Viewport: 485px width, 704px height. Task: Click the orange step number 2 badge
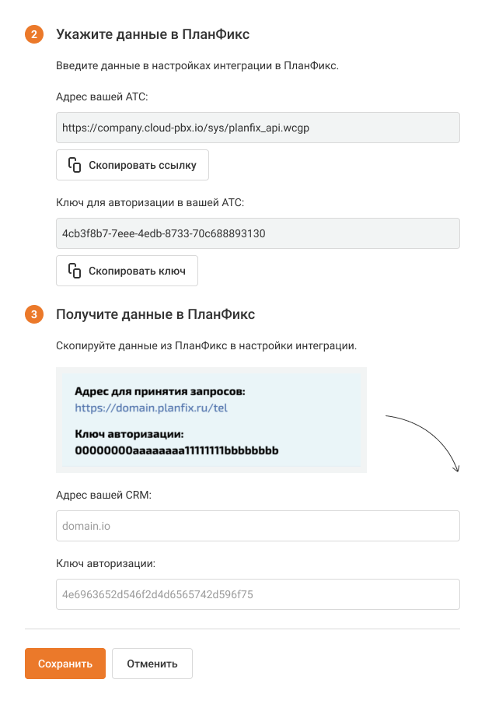click(34, 35)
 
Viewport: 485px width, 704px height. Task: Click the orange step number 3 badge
click(34, 315)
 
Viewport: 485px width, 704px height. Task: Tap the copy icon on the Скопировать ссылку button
click(75, 165)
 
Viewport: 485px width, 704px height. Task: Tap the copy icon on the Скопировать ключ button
click(75, 271)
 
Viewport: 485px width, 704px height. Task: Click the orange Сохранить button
click(65, 664)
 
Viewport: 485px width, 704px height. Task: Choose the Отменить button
click(152, 664)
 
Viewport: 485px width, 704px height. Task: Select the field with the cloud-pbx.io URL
click(258, 128)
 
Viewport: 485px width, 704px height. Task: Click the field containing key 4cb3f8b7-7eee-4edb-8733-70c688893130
click(258, 233)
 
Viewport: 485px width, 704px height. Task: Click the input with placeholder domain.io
click(258, 526)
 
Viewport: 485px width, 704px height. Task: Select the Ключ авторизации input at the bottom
click(258, 594)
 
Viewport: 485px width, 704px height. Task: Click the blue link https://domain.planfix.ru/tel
click(151, 407)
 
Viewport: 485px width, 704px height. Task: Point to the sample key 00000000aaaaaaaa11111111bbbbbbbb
click(176, 450)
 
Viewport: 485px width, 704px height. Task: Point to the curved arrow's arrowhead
click(457, 468)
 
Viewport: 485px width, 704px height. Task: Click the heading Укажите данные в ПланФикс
click(152, 34)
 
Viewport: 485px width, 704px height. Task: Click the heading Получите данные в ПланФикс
click(155, 314)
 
